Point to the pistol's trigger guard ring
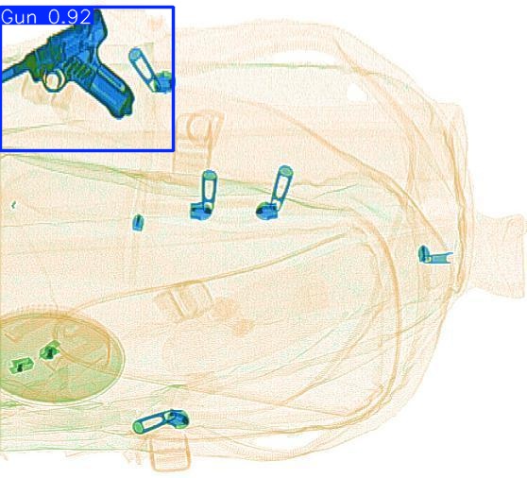59,78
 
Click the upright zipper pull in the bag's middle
205,196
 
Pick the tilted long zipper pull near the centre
276,193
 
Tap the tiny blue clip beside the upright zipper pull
138,222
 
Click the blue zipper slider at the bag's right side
433,254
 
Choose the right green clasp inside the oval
49,350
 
